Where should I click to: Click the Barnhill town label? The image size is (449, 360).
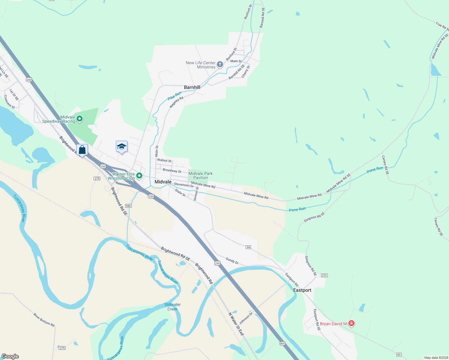tap(192, 87)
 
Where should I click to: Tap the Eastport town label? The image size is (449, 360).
tap(302, 290)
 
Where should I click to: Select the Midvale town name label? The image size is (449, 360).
tap(163, 182)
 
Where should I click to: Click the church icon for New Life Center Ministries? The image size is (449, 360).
tap(220, 64)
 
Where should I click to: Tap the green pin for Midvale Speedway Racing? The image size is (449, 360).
tap(80, 119)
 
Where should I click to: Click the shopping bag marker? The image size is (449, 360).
tap(82, 150)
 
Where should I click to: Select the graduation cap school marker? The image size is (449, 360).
tap(122, 147)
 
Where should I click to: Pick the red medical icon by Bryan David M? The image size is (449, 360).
tap(351, 323)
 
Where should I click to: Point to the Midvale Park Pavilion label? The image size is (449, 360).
tap(200, 175)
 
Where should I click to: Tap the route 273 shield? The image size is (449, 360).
tap(324, 275)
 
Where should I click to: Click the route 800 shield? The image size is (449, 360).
tap(282, 343)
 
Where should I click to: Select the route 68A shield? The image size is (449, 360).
tap(128, 206)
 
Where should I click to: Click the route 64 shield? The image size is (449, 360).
tap(248, 247)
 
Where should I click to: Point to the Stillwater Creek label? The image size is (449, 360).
tap(173, 307)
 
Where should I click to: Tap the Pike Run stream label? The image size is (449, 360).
tap(174, 96)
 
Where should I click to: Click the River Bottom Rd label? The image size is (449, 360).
tap(44, 320)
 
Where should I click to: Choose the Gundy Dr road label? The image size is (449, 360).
tap(232, 261)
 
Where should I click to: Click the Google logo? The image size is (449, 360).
tap(10, 356)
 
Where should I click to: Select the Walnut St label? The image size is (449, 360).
tap(164, 160)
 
